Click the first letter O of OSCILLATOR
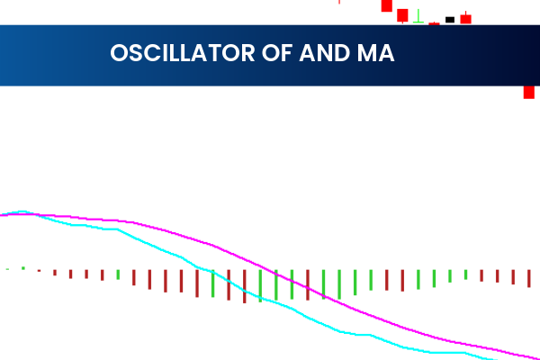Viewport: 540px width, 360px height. pyautogui.click(x=118, y=53)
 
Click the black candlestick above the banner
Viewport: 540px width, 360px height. pyautogui.click(x=450, y=19)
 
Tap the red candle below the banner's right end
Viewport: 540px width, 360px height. pyautogui.click(x=530, y=92)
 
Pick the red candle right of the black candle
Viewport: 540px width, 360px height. pyautogui.click(x=465, y=18)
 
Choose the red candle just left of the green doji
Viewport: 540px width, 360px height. pyautogui.click(x=402, y=14)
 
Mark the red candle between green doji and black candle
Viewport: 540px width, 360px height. pyautogui.click(x=434, y=23)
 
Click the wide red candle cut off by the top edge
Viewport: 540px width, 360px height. pyautogui.click(x=386, y=5)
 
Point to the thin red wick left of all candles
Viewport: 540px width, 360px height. pyautogui.click(x=339, y=2)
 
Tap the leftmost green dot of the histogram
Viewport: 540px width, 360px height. pyautogui.click(x=7, y=268)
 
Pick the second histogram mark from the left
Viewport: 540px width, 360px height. pyautogui.click(x=23, y=268)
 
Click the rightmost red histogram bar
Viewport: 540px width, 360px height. pyautogui.click(x=529, y=278)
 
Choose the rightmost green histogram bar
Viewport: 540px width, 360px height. pyautogui.click(x=465, y=274)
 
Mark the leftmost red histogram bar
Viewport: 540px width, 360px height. pyautogui.click(x=39, y=270)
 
